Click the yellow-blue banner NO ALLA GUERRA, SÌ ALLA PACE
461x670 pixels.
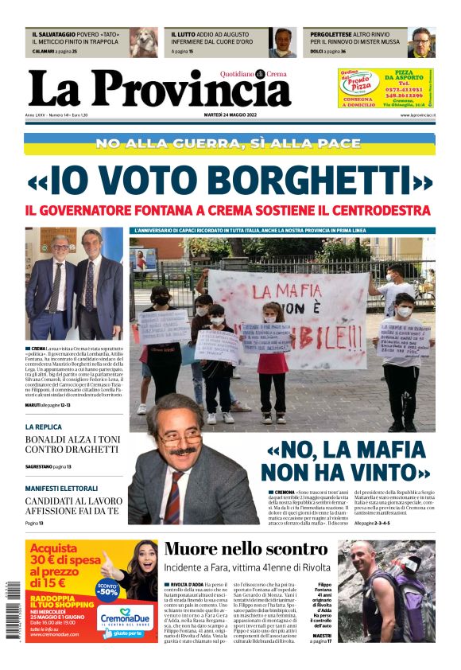point(230,143)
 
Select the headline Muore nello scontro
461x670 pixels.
point(246,549)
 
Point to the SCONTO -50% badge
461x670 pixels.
point(107,590)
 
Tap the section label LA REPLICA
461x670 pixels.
point(43,427)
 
